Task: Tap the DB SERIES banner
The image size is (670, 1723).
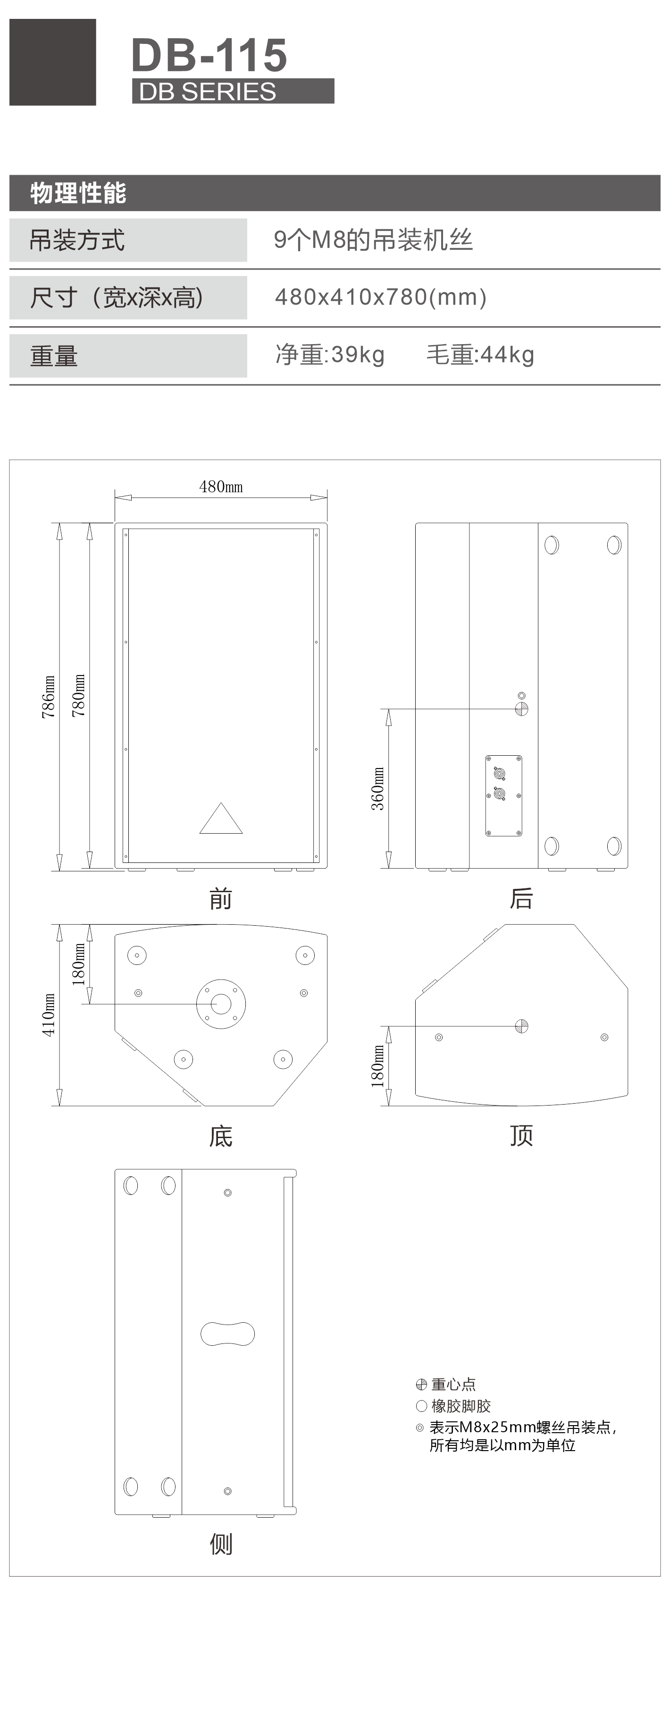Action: [233, 91]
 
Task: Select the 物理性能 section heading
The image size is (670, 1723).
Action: [78, 193]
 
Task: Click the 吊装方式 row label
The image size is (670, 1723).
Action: [77, 240]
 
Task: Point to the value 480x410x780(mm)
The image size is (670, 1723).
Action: [380, 297]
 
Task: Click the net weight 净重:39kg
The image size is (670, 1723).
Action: [330, 355]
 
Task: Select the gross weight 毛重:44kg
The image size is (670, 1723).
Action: [480, 355]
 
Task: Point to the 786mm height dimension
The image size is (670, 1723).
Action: [49, 696]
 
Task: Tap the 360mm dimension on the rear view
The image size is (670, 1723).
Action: [378, 789]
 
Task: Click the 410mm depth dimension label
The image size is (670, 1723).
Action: [49, 1014]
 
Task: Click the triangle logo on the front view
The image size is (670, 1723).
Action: [221, 818]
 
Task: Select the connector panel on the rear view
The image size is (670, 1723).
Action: [503, 796]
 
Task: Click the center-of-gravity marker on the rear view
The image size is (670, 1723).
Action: [521, 709]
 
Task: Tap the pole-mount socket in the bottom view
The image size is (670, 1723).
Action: [221, 1004]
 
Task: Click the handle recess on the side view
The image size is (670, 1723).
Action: [227, 1333]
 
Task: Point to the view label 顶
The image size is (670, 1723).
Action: [521, 1136]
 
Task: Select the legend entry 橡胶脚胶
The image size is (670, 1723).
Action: [453, 1406]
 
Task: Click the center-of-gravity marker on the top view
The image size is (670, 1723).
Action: [521, 1026]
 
